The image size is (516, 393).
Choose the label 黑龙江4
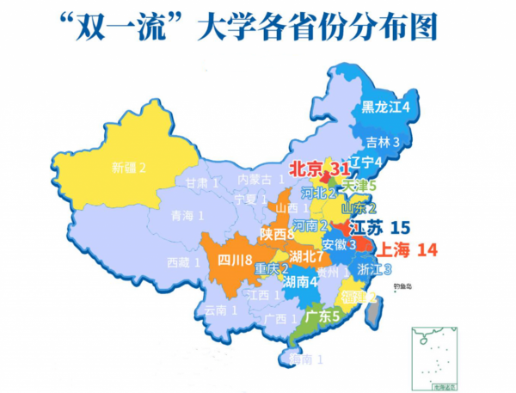coord(384,107)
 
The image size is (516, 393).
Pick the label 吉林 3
coord(384,142)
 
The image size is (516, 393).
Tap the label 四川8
coord(233,260)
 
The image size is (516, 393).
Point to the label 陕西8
coord(278,234)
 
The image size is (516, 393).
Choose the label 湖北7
coord(307,256)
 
